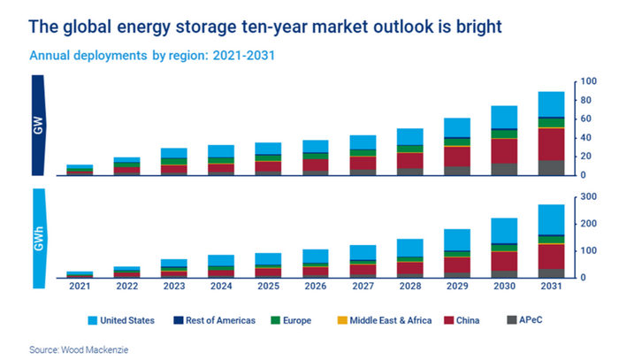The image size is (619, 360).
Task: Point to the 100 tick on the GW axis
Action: [586, 82]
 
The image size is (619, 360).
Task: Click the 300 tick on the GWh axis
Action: [586, 196]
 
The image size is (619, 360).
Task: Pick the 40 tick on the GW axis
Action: [584, 138]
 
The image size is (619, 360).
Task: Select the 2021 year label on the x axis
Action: [80, 287]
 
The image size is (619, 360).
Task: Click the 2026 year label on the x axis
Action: [316, 287]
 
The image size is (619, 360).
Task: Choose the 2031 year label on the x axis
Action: [552, 287]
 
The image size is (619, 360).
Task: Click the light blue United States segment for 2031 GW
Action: [552, 103]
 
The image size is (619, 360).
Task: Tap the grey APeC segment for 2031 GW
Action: [552, 167]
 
